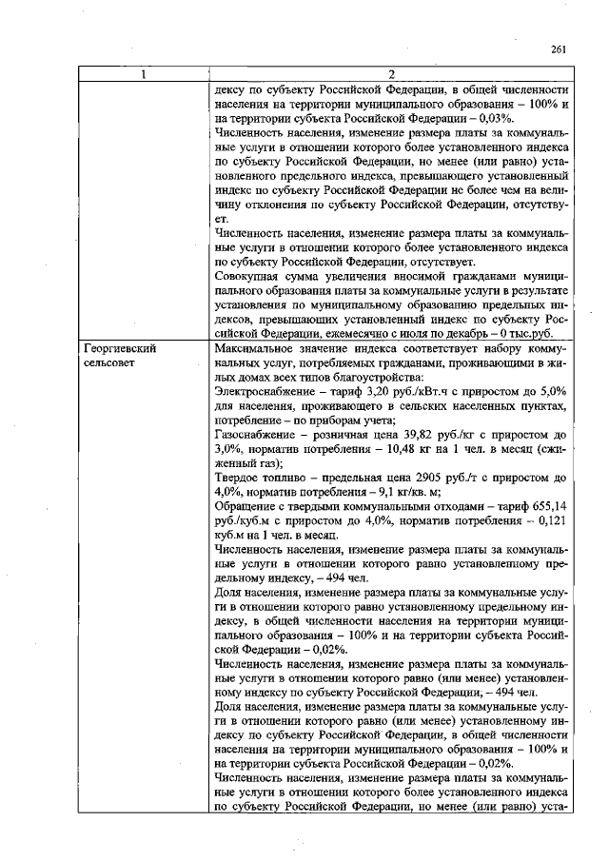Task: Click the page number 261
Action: pos(559,50)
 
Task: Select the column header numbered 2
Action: pos(391,75)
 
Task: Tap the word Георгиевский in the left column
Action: pos(118,349)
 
